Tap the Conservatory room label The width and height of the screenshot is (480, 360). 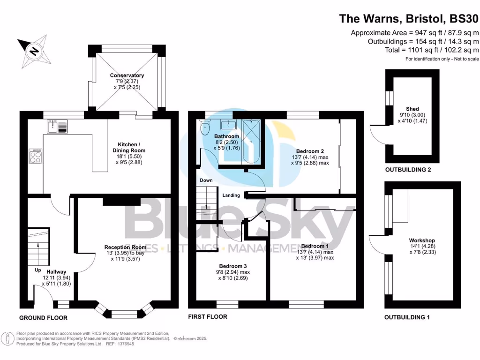tap(127, 75)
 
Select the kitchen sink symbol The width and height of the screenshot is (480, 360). tap(58, 127)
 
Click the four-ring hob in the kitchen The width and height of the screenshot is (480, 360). tap(36, 156)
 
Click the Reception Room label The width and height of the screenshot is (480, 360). tap(125, 247)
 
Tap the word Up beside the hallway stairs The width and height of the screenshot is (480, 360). tap(37, 270)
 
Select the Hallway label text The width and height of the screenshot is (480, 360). tap(56, 271)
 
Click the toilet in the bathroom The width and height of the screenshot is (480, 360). tap(204, 127)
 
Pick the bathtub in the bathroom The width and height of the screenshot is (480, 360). tap(252, 142)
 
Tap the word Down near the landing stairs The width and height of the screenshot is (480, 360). tap(206, 180)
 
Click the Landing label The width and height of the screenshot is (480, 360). tap(232, 195)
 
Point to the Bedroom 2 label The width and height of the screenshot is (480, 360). tap(310, 151)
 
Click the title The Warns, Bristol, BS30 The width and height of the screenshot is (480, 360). tap(409, 19)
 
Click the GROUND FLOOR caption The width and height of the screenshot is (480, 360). tap(43, 318)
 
